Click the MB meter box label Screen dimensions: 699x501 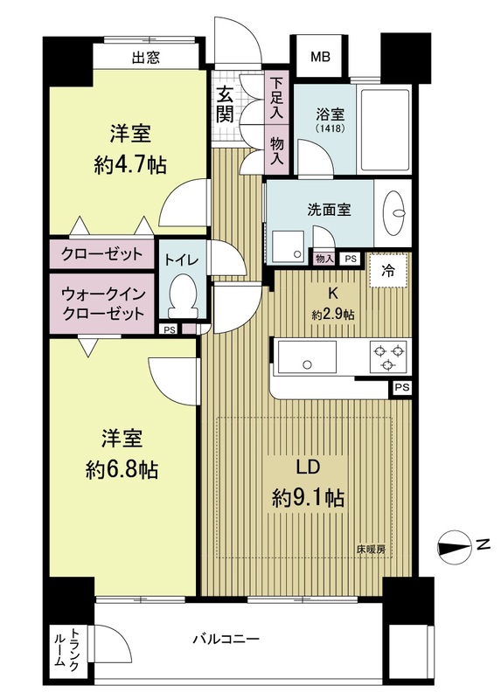[x=321, y=58]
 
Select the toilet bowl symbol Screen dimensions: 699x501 [x=183, y=297]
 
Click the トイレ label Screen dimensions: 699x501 [x=182, y=260]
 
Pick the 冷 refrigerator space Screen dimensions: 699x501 [x=388, y=270]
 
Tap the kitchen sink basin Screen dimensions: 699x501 [x=307, y=357]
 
